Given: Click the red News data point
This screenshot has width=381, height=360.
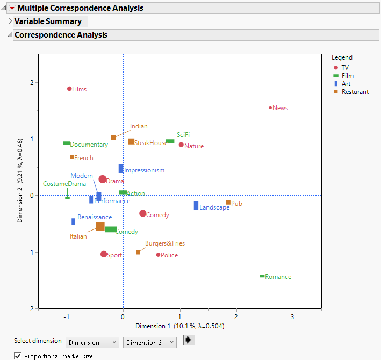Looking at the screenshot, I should (x=271, y=107).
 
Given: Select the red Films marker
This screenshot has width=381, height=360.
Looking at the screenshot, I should (x=69, y=89).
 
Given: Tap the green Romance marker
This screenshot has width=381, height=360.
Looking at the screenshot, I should (x=262, y=276).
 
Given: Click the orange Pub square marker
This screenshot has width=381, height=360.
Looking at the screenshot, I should (x=228, y=203).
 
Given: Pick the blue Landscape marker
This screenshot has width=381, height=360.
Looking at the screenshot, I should (x=196, y=205).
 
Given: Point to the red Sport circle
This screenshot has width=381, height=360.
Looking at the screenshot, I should (x=104, y=254).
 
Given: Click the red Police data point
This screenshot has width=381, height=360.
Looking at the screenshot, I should (x=158, y=255).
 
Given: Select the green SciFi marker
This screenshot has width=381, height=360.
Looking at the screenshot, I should (x=170, y=141).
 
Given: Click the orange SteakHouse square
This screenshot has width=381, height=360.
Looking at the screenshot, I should (x=131, y=141).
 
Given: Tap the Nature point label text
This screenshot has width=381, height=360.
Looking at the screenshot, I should (x=194, y=146).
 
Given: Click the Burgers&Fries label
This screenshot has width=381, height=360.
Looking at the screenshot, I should (x=164, y=243).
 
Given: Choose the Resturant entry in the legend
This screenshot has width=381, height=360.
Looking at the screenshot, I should (x=355, y=92).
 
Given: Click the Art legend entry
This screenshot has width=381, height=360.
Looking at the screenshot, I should (x=346, y=84).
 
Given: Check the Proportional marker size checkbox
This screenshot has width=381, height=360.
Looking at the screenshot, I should (x=18, y=356).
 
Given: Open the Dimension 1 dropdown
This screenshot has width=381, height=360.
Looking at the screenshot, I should (x=92, y=342).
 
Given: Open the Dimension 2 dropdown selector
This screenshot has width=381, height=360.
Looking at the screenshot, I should (x=149, y=342).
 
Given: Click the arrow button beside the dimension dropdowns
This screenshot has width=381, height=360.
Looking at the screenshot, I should (x=189, y=340).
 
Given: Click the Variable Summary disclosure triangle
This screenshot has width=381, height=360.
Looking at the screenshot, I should (x=10, y=21).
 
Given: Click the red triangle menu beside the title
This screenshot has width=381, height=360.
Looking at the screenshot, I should (x=12, y=8).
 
